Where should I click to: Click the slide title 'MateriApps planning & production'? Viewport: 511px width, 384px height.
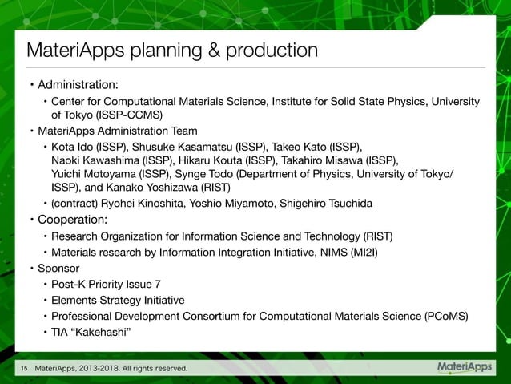172,51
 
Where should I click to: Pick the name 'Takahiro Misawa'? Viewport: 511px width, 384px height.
325,160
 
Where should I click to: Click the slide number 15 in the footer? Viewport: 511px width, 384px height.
24,369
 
